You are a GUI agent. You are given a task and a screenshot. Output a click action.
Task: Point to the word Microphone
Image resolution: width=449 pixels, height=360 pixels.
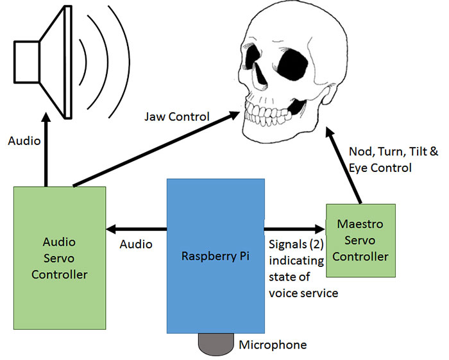click(273, 345)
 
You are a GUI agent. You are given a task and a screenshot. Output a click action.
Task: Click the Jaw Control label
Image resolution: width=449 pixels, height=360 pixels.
click(177, 117)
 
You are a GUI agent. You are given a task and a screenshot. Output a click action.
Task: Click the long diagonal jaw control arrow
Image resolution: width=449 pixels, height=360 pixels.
click(154, 148)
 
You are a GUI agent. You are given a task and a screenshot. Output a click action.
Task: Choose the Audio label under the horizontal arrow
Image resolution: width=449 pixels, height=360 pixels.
click(136, 244)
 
